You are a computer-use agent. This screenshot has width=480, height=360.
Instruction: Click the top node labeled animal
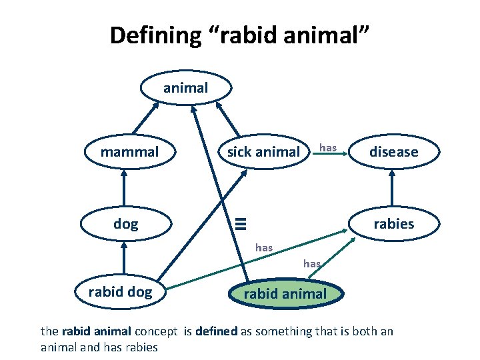(185, 87)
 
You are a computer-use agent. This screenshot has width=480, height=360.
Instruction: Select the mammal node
(129, 152)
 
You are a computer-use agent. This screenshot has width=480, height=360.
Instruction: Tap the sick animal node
(263, 152)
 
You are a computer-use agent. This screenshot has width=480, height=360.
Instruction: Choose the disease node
(393, 152)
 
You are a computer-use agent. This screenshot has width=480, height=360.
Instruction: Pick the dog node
(125, 224)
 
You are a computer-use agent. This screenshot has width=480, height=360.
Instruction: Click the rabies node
(393, 224)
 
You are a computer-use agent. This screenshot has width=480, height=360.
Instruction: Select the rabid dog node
(120, 292)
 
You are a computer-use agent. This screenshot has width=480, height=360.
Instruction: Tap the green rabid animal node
(285, 294)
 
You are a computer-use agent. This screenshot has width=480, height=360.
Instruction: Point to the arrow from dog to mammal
(124, 188)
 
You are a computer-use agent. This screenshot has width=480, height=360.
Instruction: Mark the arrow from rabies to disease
(393, 188)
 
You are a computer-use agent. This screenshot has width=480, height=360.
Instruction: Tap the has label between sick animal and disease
(327, 147)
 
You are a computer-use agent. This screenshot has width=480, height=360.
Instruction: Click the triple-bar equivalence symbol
(245, 224)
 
